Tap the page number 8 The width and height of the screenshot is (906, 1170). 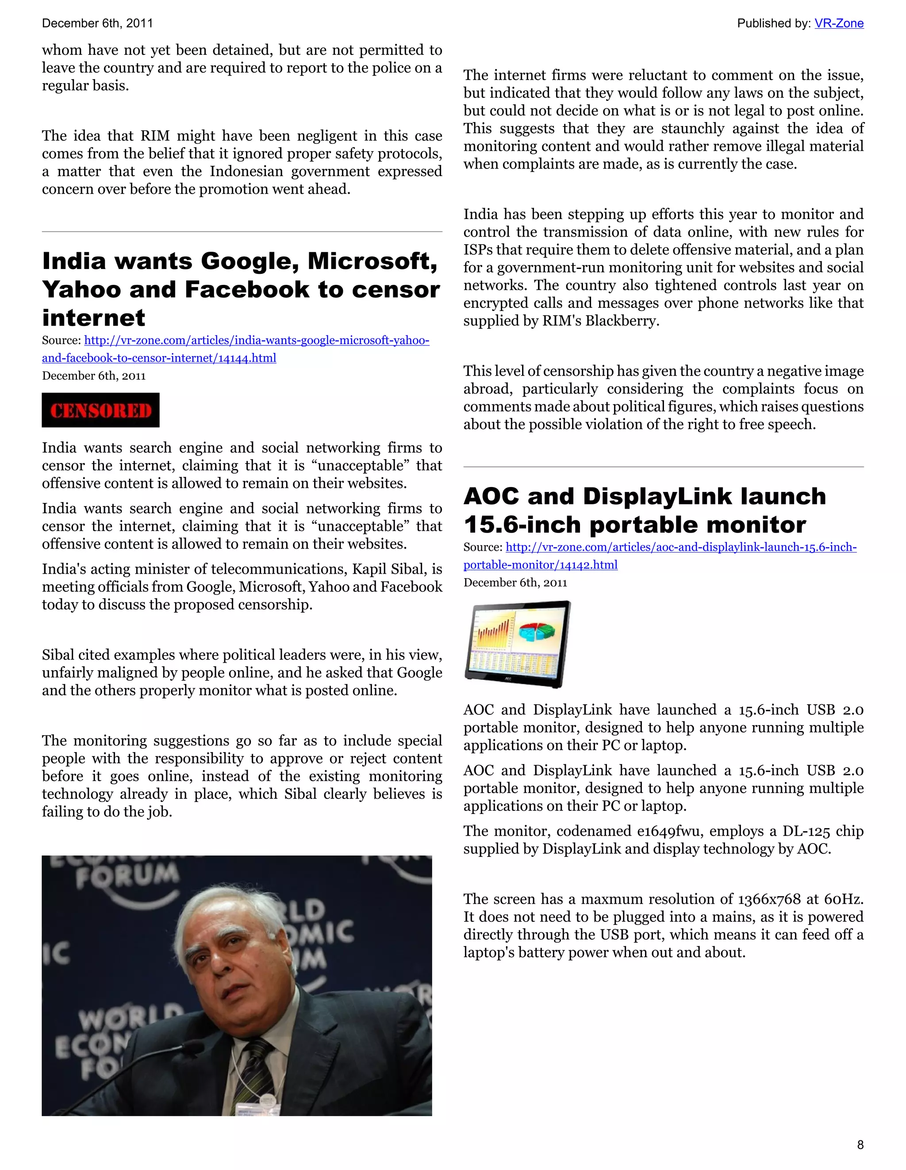[860, 1144]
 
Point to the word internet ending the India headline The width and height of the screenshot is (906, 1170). [94, 318]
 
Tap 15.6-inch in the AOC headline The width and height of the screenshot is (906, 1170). [522, 525]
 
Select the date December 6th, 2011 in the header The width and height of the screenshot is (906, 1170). [97, 23]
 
